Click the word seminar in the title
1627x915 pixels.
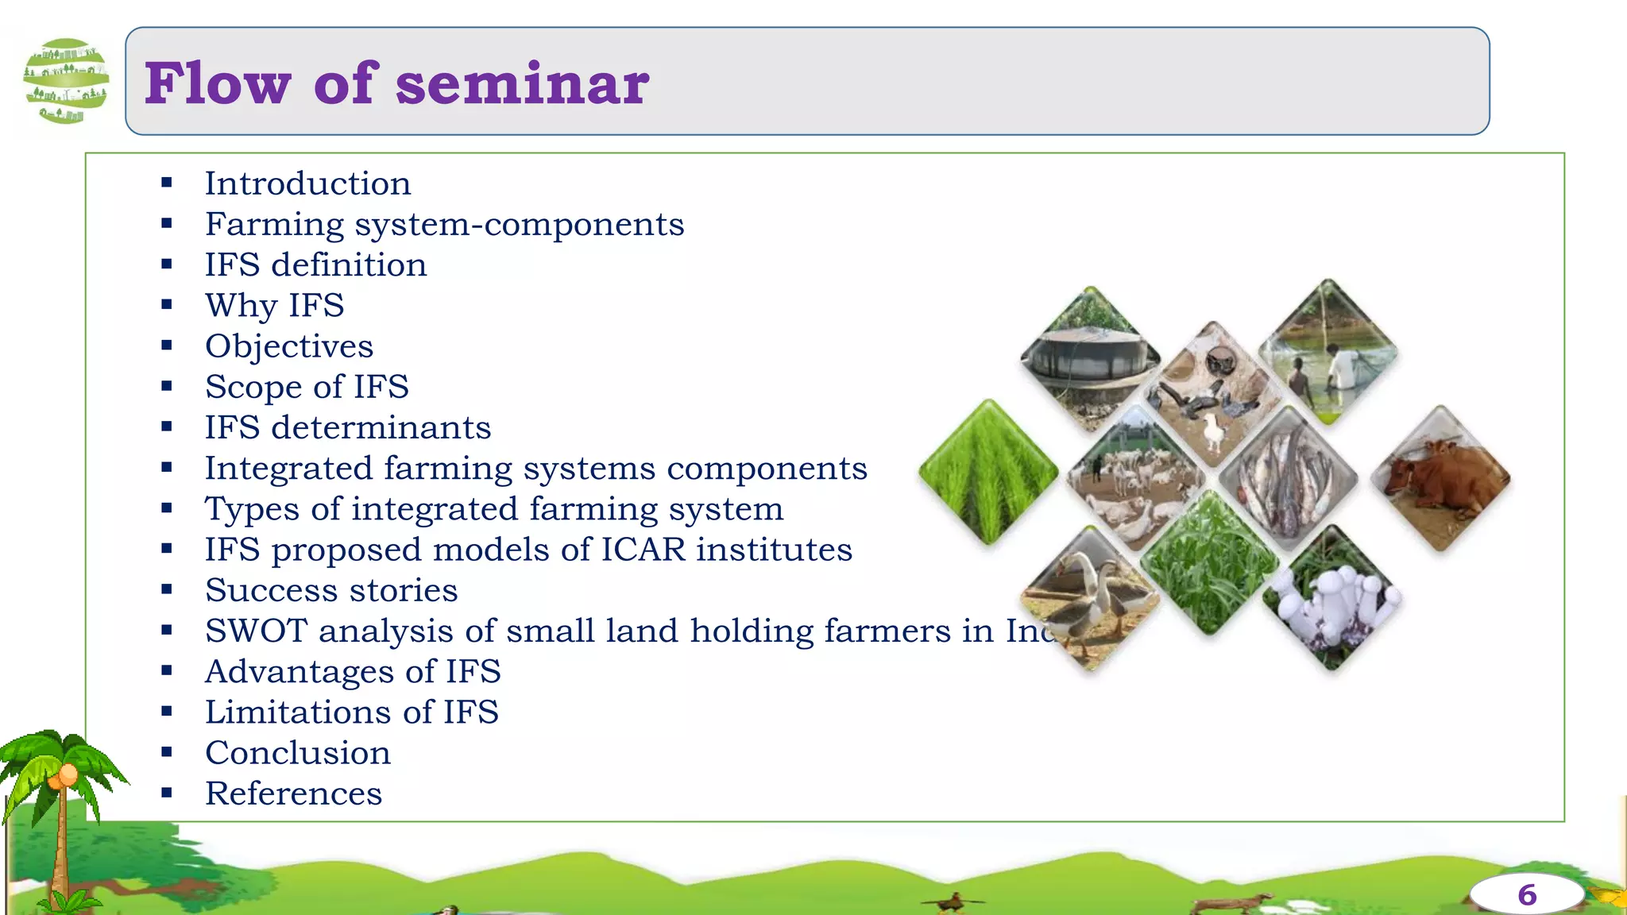click(522, 84)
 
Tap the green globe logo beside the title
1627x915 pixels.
click(66, 81)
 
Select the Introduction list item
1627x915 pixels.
click(307, 183)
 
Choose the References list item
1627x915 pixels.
click(293, 793)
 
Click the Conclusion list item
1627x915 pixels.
click(298, 753)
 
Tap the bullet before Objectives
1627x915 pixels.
click(167, 346)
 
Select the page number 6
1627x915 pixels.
click(1526, 895)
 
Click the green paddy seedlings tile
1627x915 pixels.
click(988, 473)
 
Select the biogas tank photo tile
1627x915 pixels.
click(1090, 357)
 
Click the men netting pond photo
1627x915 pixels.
click(1328, 352)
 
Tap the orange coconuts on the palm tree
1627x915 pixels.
click(64, 775)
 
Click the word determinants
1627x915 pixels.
click(381, 428)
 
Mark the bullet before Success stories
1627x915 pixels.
click(167, 589)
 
